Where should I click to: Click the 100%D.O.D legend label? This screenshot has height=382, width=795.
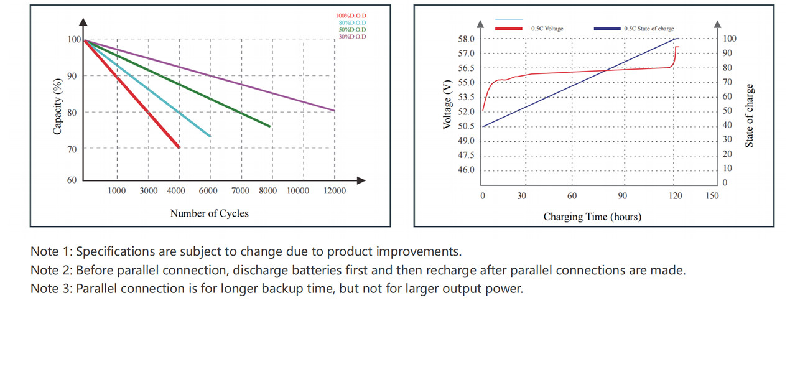pos(351,16)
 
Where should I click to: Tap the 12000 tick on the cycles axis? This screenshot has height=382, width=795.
pos(334,191)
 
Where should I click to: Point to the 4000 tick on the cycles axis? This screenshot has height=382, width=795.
pos(177,191)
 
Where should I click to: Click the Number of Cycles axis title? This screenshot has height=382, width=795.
pos(209,213)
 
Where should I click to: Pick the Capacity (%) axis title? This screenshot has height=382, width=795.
pos(58,106)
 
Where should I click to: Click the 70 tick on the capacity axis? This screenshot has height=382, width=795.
pos(72,149)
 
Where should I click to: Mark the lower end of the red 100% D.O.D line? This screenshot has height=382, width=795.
pos(179,147)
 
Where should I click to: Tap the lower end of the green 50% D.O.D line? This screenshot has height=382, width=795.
pos(269,126)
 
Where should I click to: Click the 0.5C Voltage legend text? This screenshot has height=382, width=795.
pos(547,29)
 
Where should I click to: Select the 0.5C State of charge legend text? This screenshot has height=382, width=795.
pos(649,29)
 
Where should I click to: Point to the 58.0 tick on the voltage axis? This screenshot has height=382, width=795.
pos(466,39)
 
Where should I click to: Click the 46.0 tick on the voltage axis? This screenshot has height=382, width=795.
pos(466,170)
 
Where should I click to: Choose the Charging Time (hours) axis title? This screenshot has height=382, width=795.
pos(592,217)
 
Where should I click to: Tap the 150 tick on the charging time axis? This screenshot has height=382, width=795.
pos(712,196)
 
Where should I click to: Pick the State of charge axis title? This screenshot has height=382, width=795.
pos(750,116)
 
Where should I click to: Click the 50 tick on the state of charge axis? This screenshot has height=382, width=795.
pos(728,111)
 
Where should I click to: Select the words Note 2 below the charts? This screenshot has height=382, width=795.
pos(50,271)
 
